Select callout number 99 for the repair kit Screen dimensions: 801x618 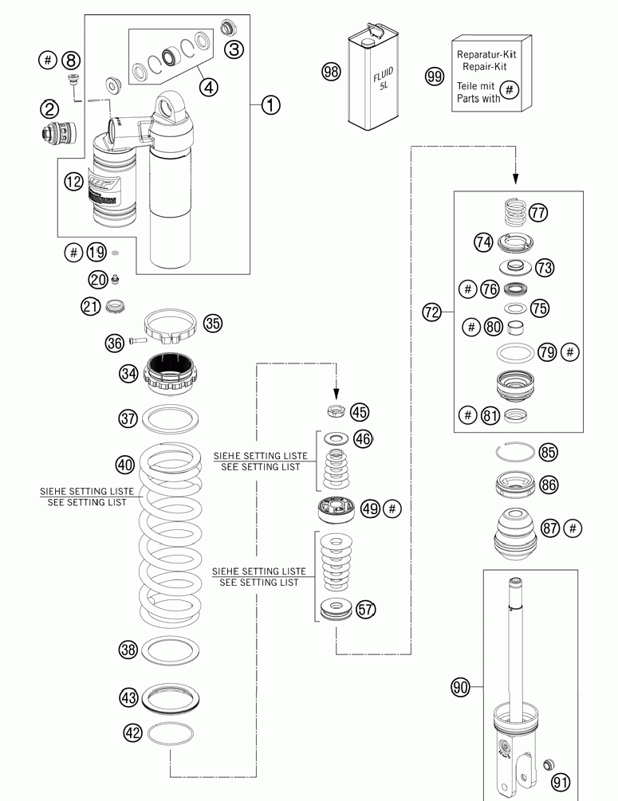click(x=435, y=77)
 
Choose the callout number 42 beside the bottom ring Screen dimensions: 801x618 click(x=133, y=731)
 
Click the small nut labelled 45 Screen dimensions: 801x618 click(x=337, y=412)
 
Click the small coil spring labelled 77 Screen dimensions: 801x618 click(x=515, y=213)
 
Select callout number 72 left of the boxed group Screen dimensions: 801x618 click(x=431, y=312)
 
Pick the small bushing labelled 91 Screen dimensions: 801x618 click(x=547, y=766)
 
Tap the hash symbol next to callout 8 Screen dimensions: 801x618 click(x=48, y=60)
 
